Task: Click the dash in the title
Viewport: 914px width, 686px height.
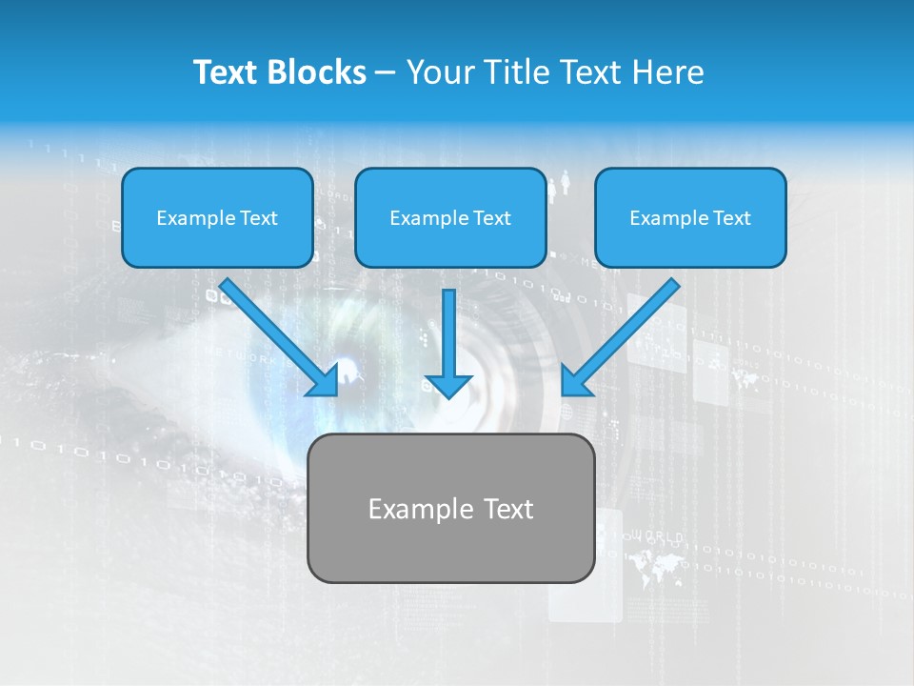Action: click(x=386, y=73)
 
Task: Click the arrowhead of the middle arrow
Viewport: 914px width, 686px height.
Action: click(x=448, y=385)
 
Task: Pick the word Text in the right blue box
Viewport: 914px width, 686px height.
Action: click(x=732, y=218)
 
